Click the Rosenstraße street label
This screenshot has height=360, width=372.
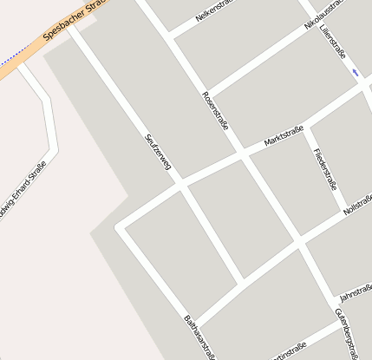click(x=215, y=111)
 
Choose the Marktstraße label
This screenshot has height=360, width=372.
click(x=284, y=137)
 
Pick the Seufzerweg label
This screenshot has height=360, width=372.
click(x=157, y=153)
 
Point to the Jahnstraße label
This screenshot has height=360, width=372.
click(x=355, y=292)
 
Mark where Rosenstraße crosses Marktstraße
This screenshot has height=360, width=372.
click(x=242, y=158)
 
